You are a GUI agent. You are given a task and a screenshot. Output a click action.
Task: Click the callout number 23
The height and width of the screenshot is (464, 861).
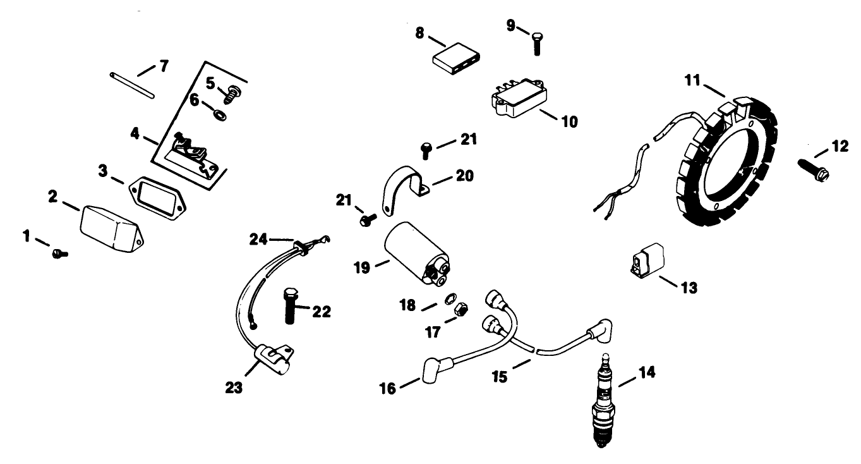(x=234, y=387)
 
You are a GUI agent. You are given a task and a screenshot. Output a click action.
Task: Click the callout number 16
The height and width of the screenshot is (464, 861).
(x=387, y=388)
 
